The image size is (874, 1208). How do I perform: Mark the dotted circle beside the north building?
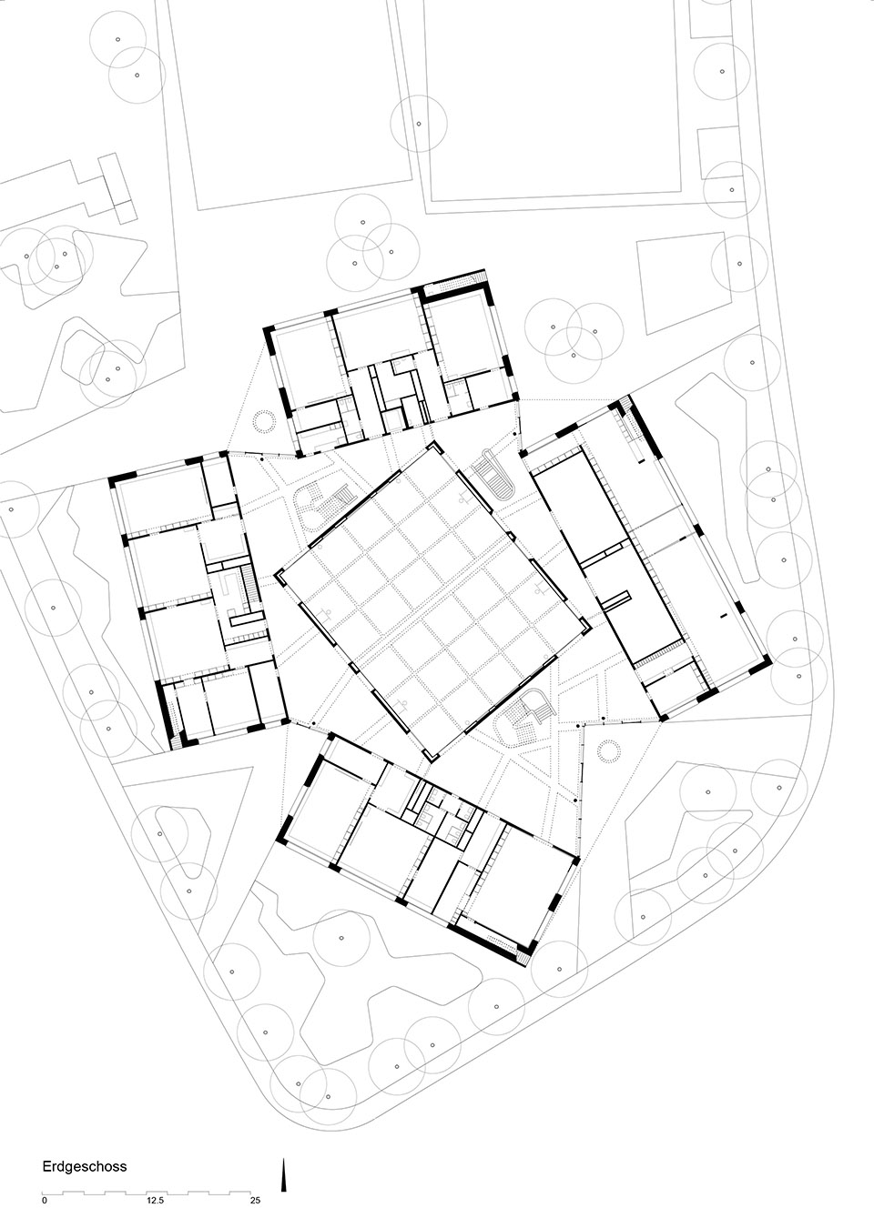[265, 420]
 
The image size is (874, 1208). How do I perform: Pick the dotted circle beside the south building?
[610, 750]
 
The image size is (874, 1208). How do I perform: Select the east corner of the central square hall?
[588, 629]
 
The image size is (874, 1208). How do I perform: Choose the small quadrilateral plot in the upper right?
[681, 282]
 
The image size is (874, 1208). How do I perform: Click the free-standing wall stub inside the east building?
[617, 600]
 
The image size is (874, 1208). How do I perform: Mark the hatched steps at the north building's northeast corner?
[480, 277]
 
